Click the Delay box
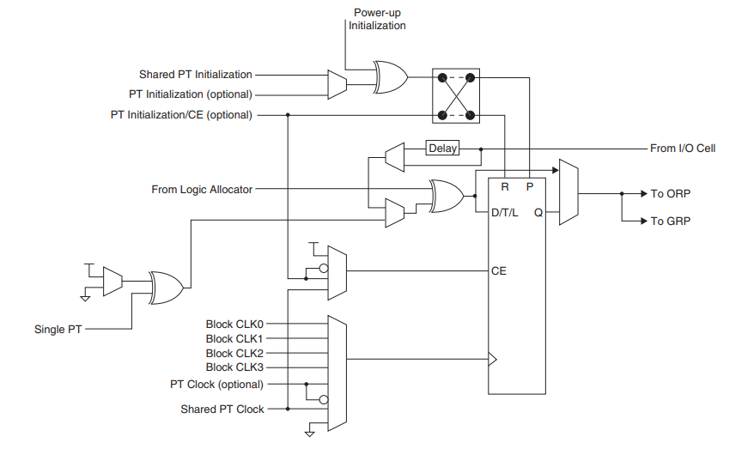click(442, 149)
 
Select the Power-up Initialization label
click(377, 19)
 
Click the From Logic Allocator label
click(202, 189)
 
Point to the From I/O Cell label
click(682, 149)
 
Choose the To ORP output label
click(669, 194)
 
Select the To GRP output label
click(669, 221)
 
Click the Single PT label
click(58, 329)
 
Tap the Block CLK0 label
click(234, 325)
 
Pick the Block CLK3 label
click(234, 367)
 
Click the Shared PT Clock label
click(222, 409)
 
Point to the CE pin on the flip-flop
click(498, 270)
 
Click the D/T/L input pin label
click(504, 212)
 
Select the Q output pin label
click(538, 212)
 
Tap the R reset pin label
click(505, 185)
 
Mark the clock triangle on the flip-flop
click(492, 360)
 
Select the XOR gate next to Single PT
click(165, 287)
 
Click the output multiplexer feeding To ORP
click(568, 192)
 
